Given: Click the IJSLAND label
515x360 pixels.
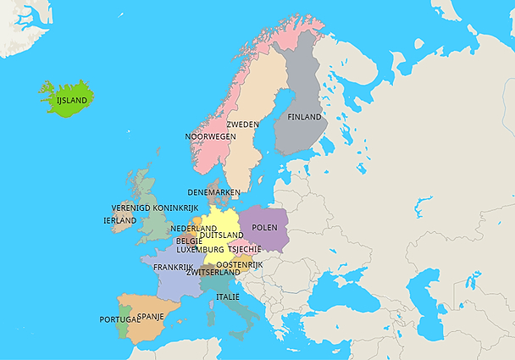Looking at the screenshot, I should pyautogui.click(x=71, y=100).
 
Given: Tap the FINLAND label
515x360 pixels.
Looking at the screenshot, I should pyautogui.click(x=304, y=117).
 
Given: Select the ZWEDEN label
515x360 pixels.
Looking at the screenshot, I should pyautogui.click(x=242, y=125).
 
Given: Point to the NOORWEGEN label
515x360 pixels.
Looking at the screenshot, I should pyautogui.click(x=210, y=136).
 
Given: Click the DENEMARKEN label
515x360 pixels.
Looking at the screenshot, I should pyautogui.click(x=214, y=192).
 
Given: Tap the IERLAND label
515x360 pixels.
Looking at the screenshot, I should pyautogui.click(x=119, y=220).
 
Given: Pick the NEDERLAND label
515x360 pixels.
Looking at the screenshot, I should pyautogui.click(x=193, y=229).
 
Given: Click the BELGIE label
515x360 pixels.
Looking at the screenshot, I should pyautogui.click(x=189, y=241).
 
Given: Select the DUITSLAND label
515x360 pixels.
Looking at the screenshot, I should pyautogui.click(x=222, y=235).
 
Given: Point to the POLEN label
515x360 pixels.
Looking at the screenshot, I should pyautogui.click(x=265, y=227).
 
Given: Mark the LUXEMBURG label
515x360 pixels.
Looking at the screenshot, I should pyautogui.click(x=200, y=250).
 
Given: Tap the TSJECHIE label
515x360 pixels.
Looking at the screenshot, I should pyautogui.click(x=245, y=250).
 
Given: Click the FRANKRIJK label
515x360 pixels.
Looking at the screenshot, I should pyautogui.click(x=174, y=267).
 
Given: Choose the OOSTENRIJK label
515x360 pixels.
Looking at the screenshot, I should pyautogui.click(x=234, y=265).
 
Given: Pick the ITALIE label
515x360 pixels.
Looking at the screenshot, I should pyautogui.click(x=227, y=297).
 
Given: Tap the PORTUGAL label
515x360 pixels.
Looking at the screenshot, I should pyautogui.click(x=119, y=319).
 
